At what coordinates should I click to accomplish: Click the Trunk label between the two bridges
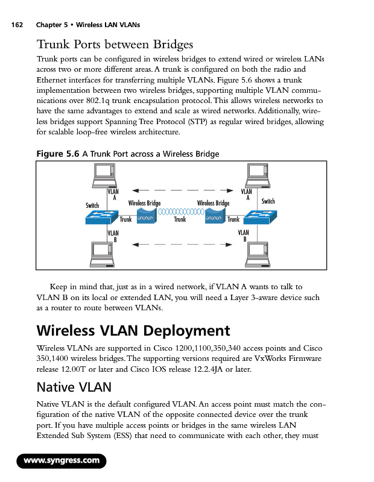click(x=180, y=220)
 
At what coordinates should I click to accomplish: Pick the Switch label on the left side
click(x=92, y=205)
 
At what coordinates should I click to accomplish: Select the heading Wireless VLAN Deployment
click(x=133, y=331)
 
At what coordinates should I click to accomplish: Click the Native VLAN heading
click(x=74, y=386)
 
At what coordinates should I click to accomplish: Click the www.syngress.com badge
click(x=61, y=461)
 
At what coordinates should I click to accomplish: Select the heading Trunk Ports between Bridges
click(x=115, y=45)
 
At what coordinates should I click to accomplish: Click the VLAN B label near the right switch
click(x=244, y=235)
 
